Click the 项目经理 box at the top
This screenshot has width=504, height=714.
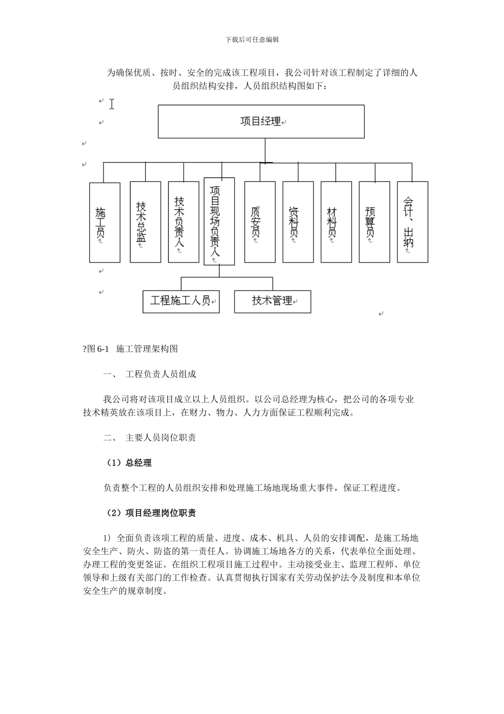pos(261,122)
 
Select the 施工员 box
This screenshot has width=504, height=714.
pos(105,223)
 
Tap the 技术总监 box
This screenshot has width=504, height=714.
pos(145,222)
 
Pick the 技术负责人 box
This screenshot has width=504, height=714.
pos(184,222)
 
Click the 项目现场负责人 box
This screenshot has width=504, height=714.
pos(219,221)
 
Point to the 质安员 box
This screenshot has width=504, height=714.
pos(259,222)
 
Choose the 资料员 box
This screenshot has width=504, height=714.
pos(298,222)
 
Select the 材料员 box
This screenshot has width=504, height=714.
pos(336,222)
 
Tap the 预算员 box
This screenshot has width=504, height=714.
pos(374,222)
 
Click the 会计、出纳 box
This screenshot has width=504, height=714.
pos(412,222)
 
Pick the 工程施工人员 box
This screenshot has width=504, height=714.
pos(181,301)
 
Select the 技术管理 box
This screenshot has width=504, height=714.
pos(272,301)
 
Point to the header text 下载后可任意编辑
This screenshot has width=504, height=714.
pos(252,39)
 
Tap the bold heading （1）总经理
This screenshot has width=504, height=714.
pos(129,463)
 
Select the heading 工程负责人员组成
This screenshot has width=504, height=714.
pos(161,374)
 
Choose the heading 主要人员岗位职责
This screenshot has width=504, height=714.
pos(161,438)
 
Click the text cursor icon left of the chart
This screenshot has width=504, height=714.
pos(112,104)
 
